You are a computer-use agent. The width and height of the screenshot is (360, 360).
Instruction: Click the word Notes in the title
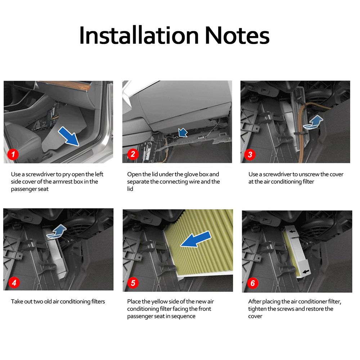pyautogui.click(x=237, y=36)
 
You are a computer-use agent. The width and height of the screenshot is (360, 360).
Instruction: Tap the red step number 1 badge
pyautogui.click(x=13, y=154)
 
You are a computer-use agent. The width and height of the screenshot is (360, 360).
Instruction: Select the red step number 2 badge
pyautogui.click(x=133, y=154)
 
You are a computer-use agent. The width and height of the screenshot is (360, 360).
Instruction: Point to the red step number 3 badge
pyautogui.click(x=250, y=154)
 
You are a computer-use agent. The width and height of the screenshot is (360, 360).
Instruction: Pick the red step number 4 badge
pyautogui.click(x=14, y=282)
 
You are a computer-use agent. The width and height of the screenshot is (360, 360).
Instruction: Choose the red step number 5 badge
pyautogui.click(x=133, y=283)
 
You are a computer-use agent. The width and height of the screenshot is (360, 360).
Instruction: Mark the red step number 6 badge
pyautogui.click(x=253, y=283)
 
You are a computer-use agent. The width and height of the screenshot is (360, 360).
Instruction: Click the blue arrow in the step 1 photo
pyautogui.click(x=68, y=136)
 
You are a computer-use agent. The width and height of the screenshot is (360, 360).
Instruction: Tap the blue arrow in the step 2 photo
pyautogui.click(x=183, y=133)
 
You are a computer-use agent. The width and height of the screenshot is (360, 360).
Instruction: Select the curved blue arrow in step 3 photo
pyautogui.click(x=313, y=123)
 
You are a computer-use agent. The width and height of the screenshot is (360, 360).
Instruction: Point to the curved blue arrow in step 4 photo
pyautogui.click(x=57, y=232)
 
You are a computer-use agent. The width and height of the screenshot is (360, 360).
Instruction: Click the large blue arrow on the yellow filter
pyautogui.click(x=196, y=239)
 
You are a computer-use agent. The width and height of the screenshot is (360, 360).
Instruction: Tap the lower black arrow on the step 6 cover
pyautogui.click(x=306, y=271)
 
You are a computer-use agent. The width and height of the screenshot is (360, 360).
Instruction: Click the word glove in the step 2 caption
pyautogui.click(x=192, y=175)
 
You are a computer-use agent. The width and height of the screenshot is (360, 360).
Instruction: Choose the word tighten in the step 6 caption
pyautogui.click(x=257, y=309)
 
